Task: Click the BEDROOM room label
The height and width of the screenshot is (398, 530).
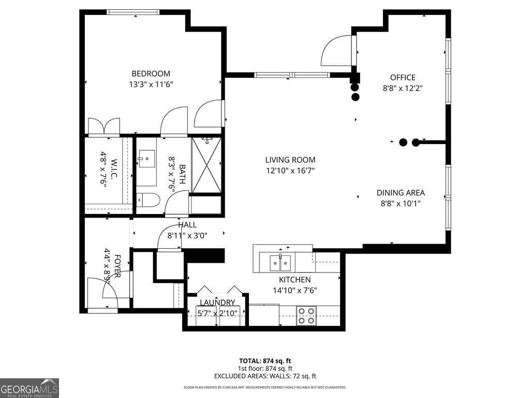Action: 151,74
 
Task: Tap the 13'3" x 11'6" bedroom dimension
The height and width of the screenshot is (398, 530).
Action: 151,84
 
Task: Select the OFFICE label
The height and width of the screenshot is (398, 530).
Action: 403,78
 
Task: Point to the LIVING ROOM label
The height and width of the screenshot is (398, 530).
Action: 290,160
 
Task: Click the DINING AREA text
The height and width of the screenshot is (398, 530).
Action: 401,193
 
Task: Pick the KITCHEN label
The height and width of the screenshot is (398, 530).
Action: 295,280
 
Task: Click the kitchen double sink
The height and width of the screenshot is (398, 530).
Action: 280,262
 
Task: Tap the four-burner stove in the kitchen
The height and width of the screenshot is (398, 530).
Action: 305,316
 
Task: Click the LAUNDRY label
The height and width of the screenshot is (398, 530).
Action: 217,303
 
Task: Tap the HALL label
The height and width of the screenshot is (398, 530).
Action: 187,225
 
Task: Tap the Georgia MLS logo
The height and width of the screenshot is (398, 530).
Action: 30,388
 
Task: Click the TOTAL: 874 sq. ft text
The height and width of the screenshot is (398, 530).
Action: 265,361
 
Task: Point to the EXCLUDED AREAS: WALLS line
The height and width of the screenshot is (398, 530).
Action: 265,376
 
